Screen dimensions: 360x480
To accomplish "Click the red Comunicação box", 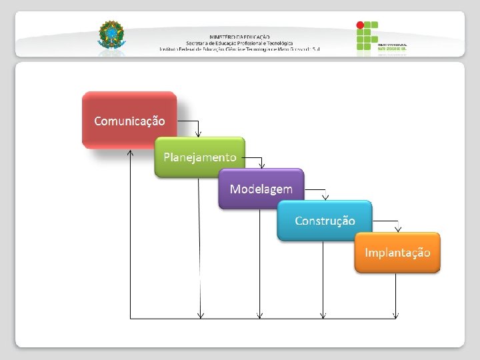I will [x=129, y=120].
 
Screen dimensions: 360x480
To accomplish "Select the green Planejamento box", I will [x=200, y=157].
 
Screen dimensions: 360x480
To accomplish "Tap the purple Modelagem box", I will [x=261, y=189].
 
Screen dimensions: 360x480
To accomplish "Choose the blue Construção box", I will [x=325, y=221].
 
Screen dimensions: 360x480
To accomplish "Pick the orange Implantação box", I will [x=397, y=253].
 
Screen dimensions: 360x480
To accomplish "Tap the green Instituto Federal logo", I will [x=367, y=36].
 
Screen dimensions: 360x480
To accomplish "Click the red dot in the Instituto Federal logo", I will [x=361, y=25].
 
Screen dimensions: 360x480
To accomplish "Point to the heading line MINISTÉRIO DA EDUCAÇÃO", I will [x=239, y=37].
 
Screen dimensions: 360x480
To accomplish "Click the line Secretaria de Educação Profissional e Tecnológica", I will [x=239, y=43].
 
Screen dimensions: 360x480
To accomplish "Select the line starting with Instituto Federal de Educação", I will [x=239, y=49].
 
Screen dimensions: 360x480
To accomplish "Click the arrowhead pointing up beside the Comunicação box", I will [x=130, y=153].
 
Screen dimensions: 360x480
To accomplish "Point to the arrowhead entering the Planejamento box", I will [x=199, y=134].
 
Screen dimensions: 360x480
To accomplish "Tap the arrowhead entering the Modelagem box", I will [x=262, y=165].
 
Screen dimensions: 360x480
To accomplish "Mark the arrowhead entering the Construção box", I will [x=325, y=197].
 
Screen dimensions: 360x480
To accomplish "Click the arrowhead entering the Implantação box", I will [x=398, y=229].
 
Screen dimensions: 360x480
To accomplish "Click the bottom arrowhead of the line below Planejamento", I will [x=201, y=315].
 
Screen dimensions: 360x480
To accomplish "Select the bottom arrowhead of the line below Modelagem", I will [x=261, y=315].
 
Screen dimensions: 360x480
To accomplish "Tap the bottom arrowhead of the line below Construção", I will [x=324, y=315].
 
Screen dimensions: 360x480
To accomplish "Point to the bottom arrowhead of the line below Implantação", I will [x=397, y=315].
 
